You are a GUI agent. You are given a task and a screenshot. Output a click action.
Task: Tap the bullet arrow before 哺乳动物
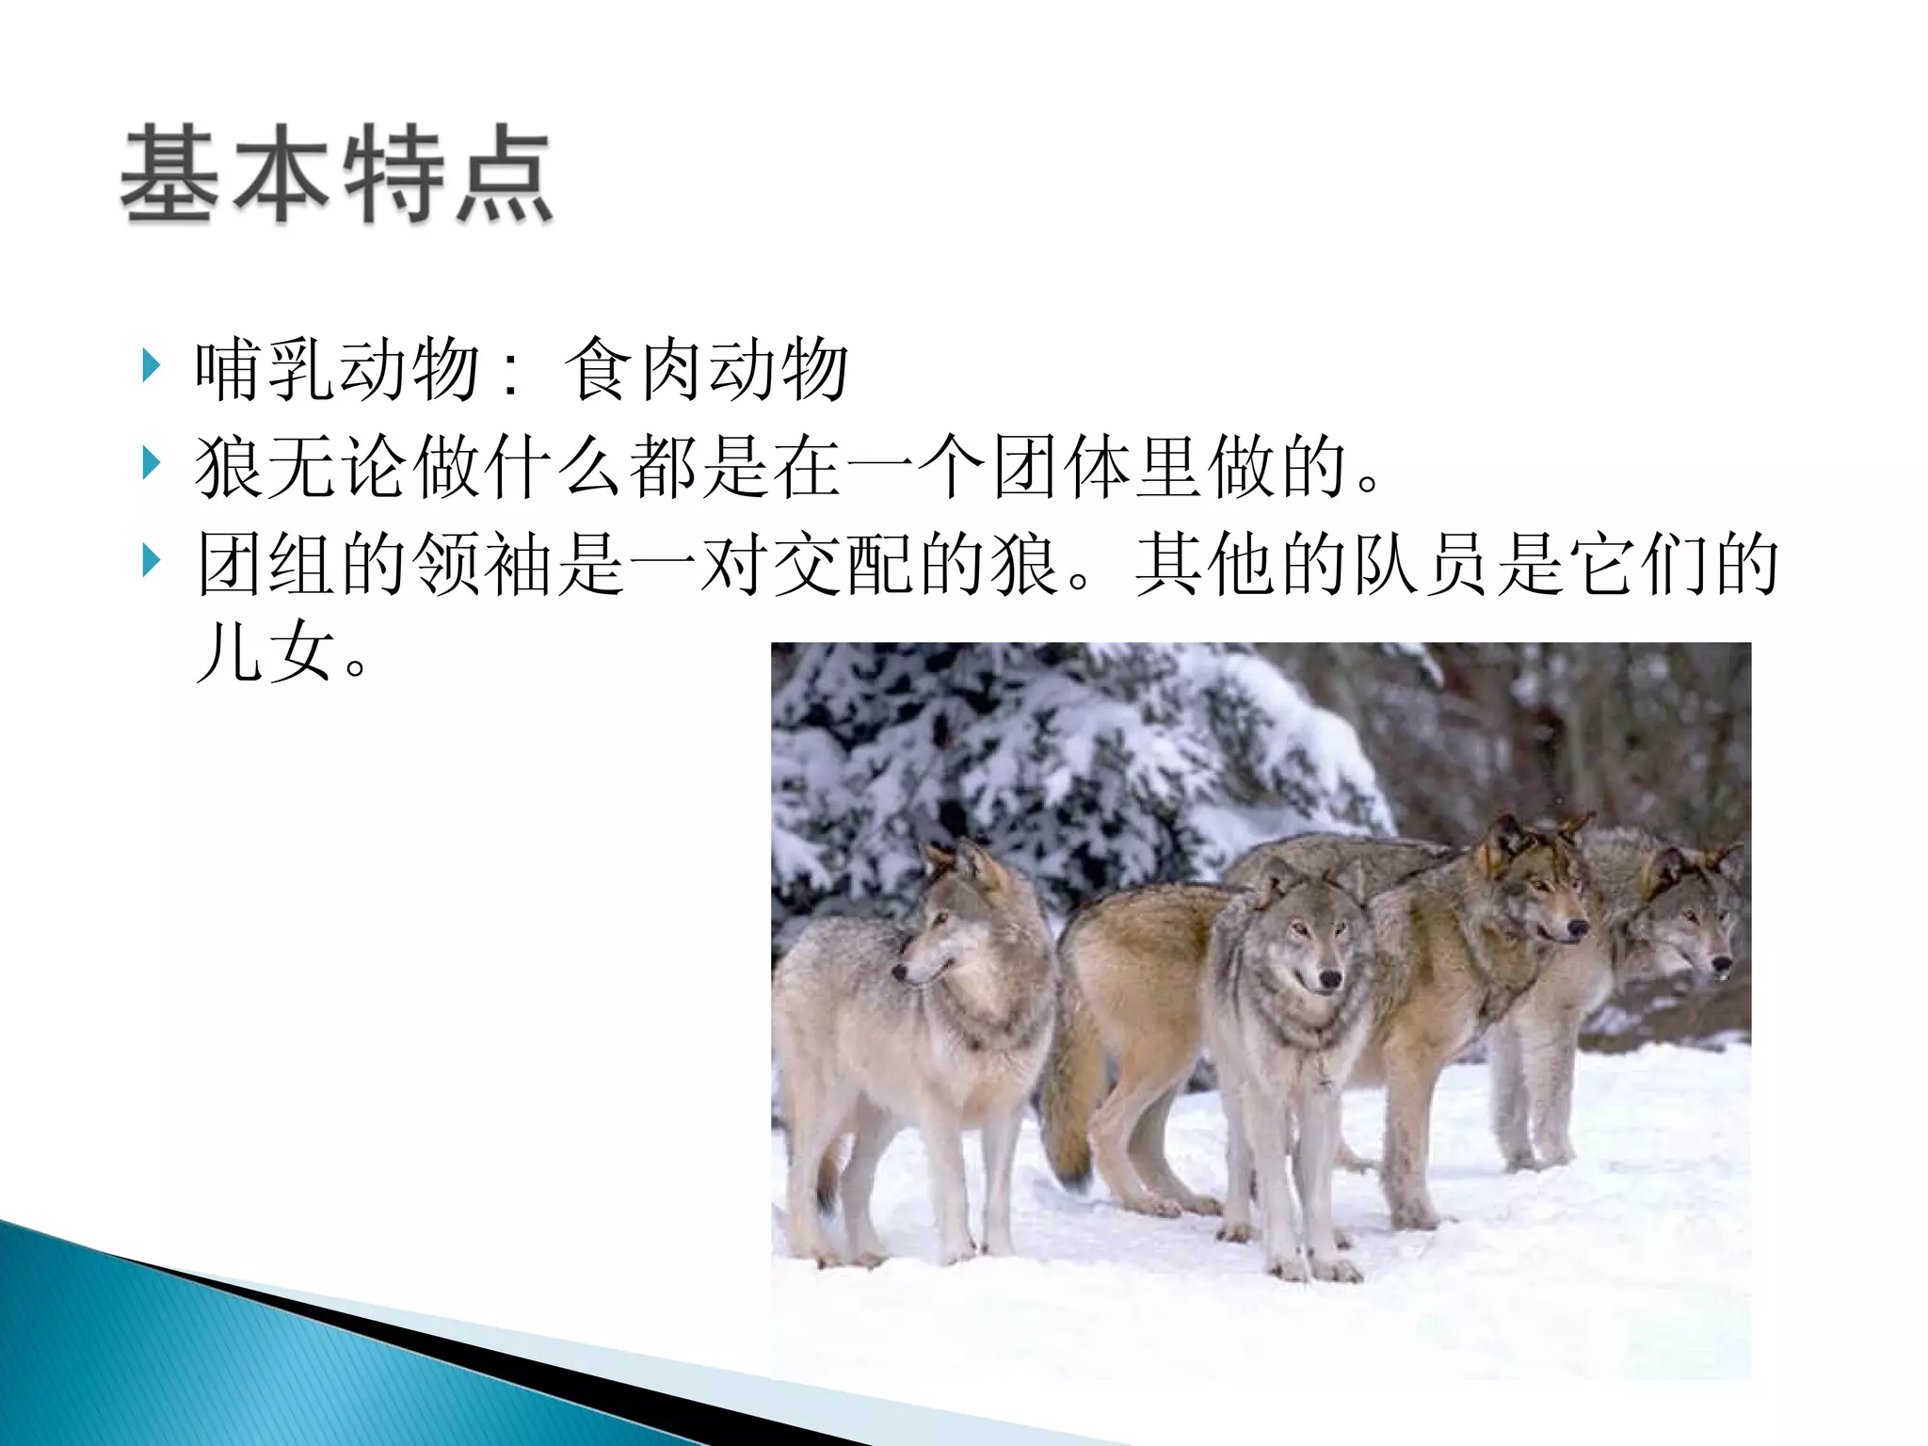pos(151,365)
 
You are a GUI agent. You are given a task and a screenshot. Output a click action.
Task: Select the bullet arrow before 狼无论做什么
pos(151,463)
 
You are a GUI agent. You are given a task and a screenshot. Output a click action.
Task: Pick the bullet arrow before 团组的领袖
pos(151,561)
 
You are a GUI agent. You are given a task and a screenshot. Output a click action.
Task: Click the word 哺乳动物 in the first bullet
pos(337,369)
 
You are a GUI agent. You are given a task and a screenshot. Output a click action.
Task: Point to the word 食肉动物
pos(706,369)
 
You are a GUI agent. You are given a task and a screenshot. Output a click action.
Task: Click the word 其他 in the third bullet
pos(1205,565)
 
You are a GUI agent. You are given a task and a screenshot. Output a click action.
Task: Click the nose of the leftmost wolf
pos(900,970)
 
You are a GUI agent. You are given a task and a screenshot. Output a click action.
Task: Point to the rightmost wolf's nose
pos(1721,964)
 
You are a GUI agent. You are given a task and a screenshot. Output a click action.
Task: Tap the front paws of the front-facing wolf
pos(1313,1266)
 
